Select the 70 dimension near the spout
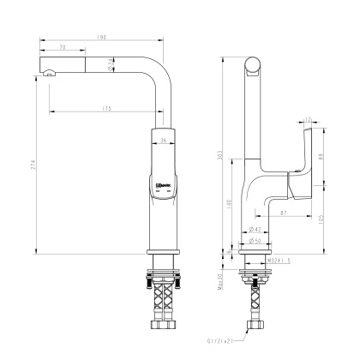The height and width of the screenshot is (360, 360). (x=63, y=47)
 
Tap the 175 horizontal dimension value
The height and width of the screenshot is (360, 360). (x=107, y=108)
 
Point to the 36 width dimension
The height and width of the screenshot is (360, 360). (x=163, y=140)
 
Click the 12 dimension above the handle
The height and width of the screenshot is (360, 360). (x=309, y=119)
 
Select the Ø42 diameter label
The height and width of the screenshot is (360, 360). (x=255, y=230)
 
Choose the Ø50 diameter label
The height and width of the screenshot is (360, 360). (x=255, y=241)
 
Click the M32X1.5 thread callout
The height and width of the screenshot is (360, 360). (x=279, y=258)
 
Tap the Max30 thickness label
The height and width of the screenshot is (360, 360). (x=221, y=279)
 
